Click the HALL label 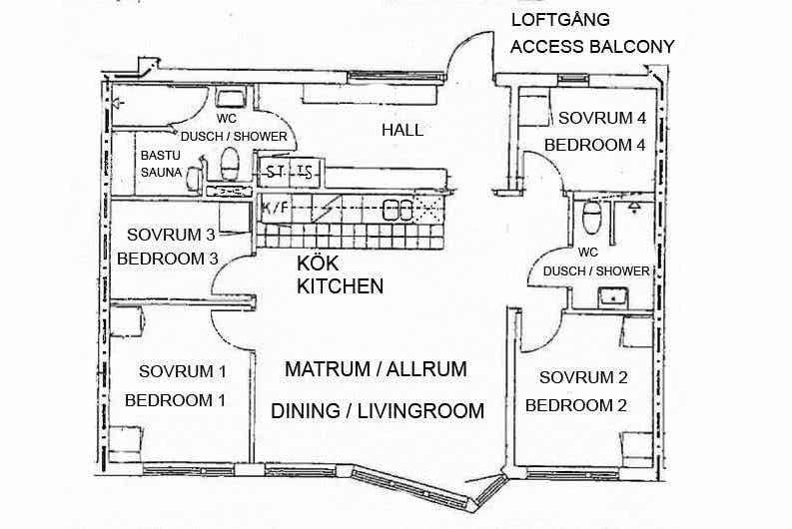click(402, 130)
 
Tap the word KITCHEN click(340, 286)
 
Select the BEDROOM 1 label click(175, 400)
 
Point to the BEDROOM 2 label click(576, 405)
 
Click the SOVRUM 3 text click(171, 235)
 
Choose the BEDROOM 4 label click(595, 145)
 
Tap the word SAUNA click(161, 172)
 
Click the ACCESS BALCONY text click(592, 47)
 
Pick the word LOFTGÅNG click(560, 20)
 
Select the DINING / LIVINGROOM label click(378, 411)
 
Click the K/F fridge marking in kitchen click(276, 208)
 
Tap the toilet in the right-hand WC click(591, 217)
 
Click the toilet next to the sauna click(230, 164)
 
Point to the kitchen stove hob click(397, 210)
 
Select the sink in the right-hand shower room click(612, 297)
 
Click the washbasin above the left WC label click(231, 98)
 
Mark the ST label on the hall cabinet click(275, 172)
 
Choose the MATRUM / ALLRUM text click(376, 369)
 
